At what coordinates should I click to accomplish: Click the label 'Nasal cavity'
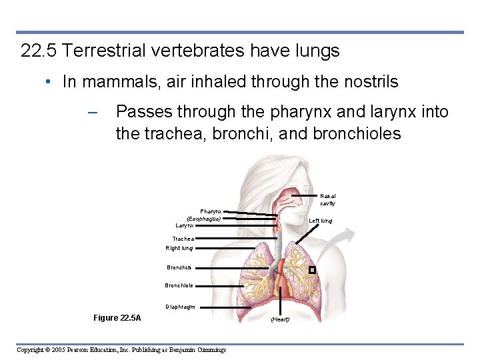click(x=327, y=199)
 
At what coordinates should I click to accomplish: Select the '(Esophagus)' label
click(x=203, y=219)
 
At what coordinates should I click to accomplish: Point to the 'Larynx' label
click(x=184, y=225)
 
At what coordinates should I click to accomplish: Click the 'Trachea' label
click(x=183, y=239)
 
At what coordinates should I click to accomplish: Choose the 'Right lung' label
click(x=179, y=248)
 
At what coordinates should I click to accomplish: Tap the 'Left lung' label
click(x=321, y=221)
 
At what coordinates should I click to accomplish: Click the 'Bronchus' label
click(x=179, y=268)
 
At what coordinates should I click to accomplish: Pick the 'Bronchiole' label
click(x=179, y=285)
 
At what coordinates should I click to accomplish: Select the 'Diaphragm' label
click(x=179, y=307)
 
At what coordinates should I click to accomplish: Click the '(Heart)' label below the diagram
click(x=280, y=319)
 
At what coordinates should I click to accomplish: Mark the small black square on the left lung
click(x=312, y=270)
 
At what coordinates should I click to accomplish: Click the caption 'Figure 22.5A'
click(x=117, y=318)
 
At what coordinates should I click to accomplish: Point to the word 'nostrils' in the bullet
click(x=369, y=82)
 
